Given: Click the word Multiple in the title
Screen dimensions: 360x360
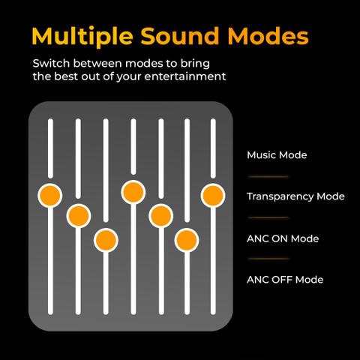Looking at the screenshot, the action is (82, 37).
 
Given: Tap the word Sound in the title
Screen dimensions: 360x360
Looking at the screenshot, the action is (180, 36).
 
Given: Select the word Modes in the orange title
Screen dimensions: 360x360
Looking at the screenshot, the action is (268, 36).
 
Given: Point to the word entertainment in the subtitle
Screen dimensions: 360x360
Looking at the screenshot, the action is (185, 76).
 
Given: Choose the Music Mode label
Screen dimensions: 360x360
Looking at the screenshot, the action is (277, 155).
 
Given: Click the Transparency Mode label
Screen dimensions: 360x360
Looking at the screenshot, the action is (295, 196).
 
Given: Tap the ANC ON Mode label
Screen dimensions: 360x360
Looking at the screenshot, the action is (283, 238).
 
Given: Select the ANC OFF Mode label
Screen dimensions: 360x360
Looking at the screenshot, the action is (285, 280).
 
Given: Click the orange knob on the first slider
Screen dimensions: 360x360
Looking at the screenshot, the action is (50, 196).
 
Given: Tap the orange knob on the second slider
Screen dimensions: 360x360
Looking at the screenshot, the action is (79, 216).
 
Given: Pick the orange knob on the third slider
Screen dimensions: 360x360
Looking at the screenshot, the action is (106, 240).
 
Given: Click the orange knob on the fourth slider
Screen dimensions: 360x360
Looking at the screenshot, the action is (133, 192).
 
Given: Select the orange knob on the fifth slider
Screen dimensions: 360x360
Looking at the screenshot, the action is (160, 216).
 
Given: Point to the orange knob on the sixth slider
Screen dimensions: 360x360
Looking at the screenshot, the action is (187, 240).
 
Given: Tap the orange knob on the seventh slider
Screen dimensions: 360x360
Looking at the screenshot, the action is (213, 196).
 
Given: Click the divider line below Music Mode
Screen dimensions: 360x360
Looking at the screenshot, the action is (268, 176).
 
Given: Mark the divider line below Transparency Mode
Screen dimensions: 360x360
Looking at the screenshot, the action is (268, 217).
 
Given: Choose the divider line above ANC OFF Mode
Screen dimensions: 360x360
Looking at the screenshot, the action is (268, 259).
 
